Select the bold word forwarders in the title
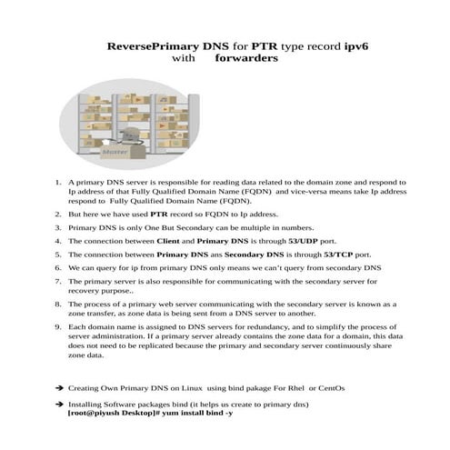coord(246,57)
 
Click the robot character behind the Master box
coord(134,136)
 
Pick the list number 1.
coord(58,183)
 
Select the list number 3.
coord(58,226)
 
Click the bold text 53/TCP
coord(325,255)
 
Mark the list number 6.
coord(58,269)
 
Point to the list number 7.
coord(58,284)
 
